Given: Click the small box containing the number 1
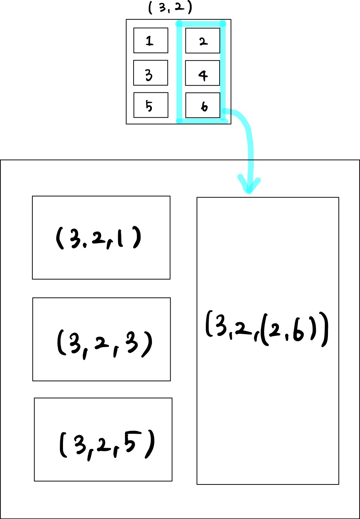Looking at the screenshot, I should click(x=150, y=40).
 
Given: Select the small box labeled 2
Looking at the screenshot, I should click(x=202, y=41).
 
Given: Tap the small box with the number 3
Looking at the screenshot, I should click(x=150, y=73).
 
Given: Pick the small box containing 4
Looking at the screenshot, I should click(x=202, y=73).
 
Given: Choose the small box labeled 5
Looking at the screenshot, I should click(x=150, y=105).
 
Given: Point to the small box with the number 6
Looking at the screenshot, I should click(x=202, y=105).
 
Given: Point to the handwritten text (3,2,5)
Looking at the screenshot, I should click(x=107, y=445).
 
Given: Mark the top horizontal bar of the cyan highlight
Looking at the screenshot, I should click(x=201, y=24).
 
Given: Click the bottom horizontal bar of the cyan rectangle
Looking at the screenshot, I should click(x=202, y=121).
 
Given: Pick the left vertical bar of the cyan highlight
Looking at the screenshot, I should click(x=179, y=72).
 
